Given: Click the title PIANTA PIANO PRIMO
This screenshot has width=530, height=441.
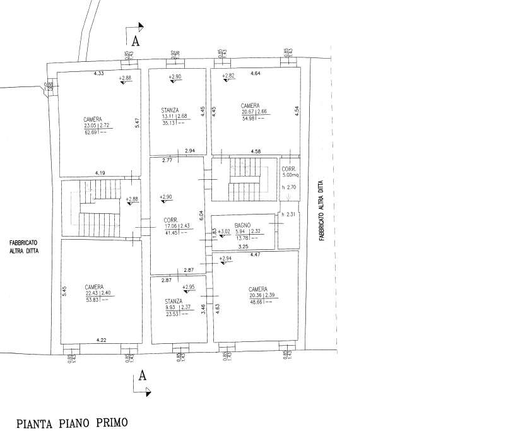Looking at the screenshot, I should (x=72, y=423).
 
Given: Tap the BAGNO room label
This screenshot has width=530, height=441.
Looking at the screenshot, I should (x=243, y=225).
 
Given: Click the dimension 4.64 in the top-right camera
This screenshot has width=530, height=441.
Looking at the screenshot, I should (x=256, y=74).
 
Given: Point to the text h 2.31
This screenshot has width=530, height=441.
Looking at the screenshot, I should (x=288, y=215).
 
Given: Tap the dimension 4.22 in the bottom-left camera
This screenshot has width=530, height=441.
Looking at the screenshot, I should (x=101, y=341).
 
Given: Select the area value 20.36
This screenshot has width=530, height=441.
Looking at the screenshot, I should (x=255, y=296).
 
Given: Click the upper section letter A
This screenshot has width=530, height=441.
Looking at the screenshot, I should (x=136, y=42).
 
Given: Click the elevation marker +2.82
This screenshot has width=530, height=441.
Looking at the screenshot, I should (x=228, y=76).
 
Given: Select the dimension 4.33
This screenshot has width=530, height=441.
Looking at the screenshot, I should (x=98, y=74).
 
